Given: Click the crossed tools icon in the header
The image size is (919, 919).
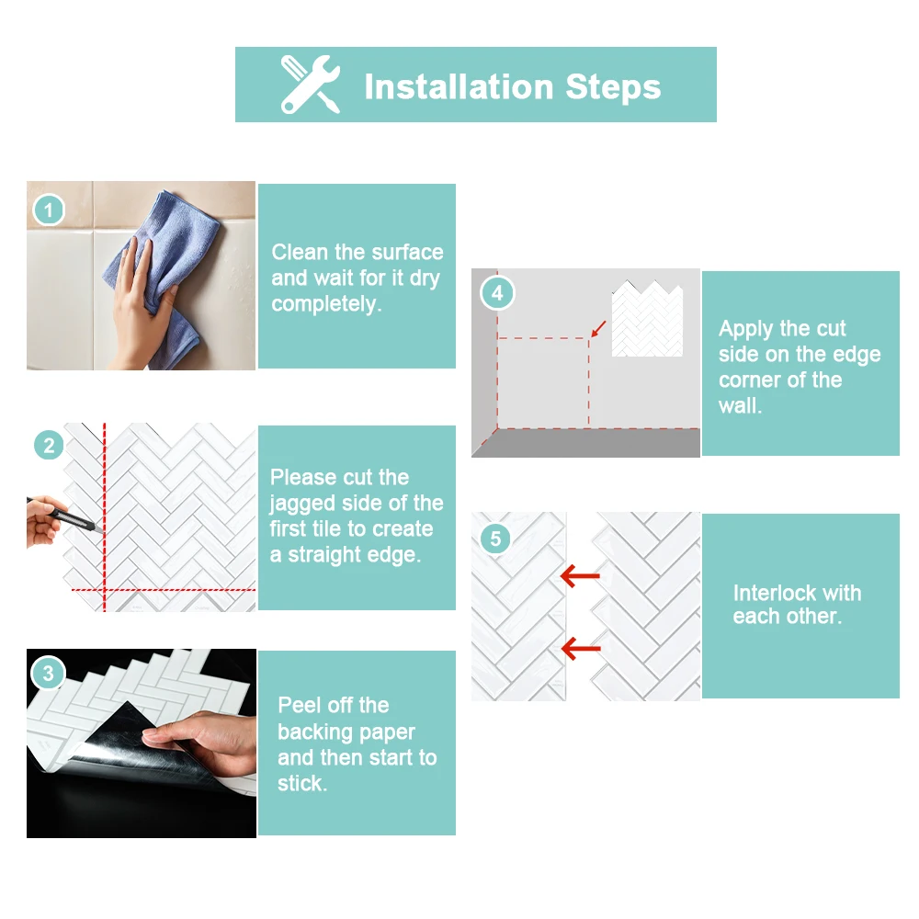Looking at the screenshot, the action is click(x=310, y=85).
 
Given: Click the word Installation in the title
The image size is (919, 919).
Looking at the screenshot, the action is click(x=459, y=86).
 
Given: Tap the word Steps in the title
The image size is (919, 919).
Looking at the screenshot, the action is click(x=613, y=86).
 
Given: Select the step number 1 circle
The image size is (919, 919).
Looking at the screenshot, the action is click(x=49, y=210).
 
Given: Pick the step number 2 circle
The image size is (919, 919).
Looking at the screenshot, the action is click(x=49, y=446).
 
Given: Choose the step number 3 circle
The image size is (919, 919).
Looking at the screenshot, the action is click(x=48, y=673).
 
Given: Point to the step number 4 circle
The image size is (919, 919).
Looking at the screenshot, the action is click(x=497, y=292).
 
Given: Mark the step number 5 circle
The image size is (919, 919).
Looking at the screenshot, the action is click(x=496, y=538).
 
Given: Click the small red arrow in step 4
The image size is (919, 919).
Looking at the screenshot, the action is click(x=598, y=328).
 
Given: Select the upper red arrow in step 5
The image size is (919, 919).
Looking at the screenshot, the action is click(x=580, y=575).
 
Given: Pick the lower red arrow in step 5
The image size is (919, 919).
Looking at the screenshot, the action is click(x=581, y=648).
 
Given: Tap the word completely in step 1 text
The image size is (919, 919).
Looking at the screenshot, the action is click(x=326, y=304).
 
